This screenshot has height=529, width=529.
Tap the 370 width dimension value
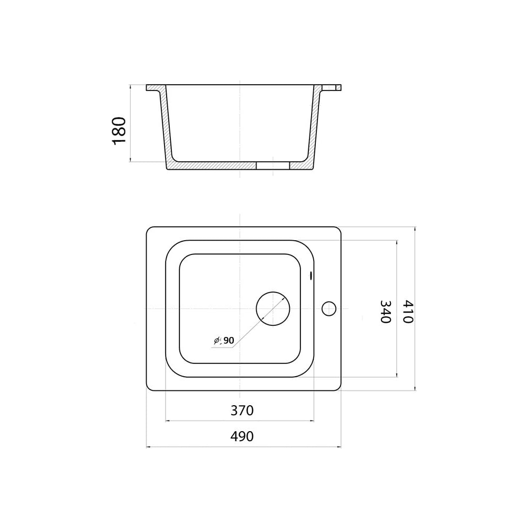(242, 411)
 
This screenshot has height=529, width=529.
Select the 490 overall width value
(242, 436)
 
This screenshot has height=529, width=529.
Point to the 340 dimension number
(385, 312)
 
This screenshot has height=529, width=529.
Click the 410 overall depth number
(408, 312)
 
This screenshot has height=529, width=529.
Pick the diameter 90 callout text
(224, 340)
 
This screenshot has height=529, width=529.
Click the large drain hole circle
(273, 292)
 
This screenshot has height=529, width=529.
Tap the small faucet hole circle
(329, 302)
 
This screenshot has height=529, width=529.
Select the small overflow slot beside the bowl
(311, 276)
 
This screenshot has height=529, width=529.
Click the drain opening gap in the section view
(273, 165)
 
